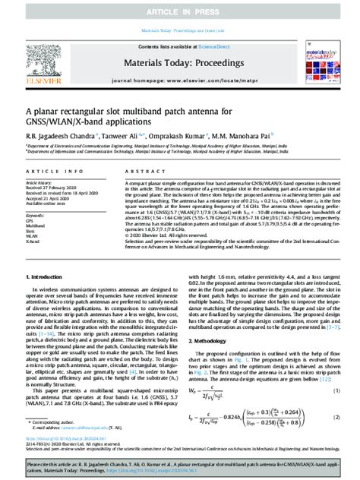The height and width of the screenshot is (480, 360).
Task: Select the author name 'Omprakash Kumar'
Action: (176, 135)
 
